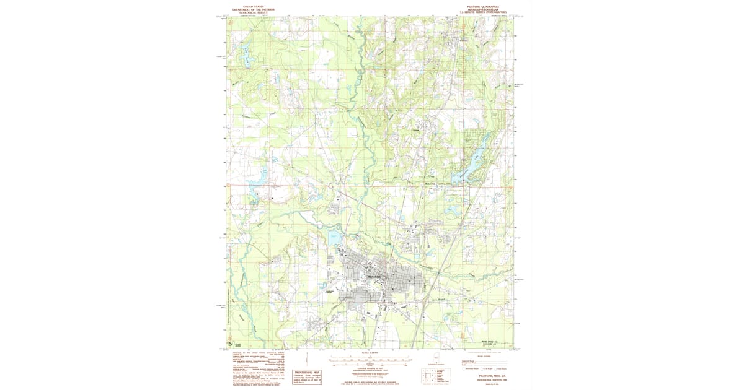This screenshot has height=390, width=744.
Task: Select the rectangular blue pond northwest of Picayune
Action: coord(334,236)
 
